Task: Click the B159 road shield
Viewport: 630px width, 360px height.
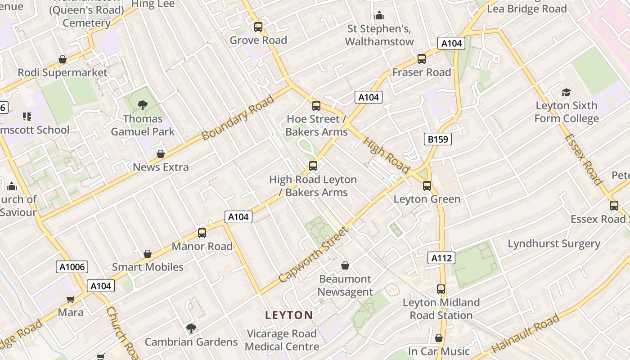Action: coord(437,139)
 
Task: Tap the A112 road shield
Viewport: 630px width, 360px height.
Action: coord(441,258)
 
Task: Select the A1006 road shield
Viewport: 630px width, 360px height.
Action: coord(72,267)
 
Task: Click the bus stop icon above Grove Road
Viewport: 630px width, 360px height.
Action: coord(258,27)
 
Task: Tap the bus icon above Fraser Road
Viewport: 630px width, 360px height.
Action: coord(421,58)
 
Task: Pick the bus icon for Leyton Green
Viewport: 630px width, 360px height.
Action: coord(427,185)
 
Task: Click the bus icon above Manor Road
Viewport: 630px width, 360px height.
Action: coord(202,233)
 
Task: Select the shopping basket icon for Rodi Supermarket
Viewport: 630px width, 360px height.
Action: coord(63,59)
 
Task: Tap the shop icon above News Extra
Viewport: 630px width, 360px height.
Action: coord(160,154)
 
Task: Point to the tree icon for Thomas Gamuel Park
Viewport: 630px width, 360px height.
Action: coord(143,105)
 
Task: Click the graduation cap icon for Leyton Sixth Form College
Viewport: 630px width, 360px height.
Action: coord(566,92)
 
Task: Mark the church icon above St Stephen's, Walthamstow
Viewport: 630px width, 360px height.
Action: coord(379,15)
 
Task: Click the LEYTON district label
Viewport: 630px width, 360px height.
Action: coord(289,315)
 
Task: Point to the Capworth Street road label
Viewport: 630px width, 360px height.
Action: coord(314,255)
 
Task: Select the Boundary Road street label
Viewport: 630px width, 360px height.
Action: coord(238,117)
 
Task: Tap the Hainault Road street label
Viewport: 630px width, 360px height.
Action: coord(525,333)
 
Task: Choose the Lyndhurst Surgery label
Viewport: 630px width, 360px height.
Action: coord(554,243)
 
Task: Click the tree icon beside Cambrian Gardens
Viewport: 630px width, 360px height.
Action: coord(191,328)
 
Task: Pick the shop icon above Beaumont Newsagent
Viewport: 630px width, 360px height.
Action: coord(345,265)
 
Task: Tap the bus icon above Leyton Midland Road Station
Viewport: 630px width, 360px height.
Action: coord(441,289)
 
